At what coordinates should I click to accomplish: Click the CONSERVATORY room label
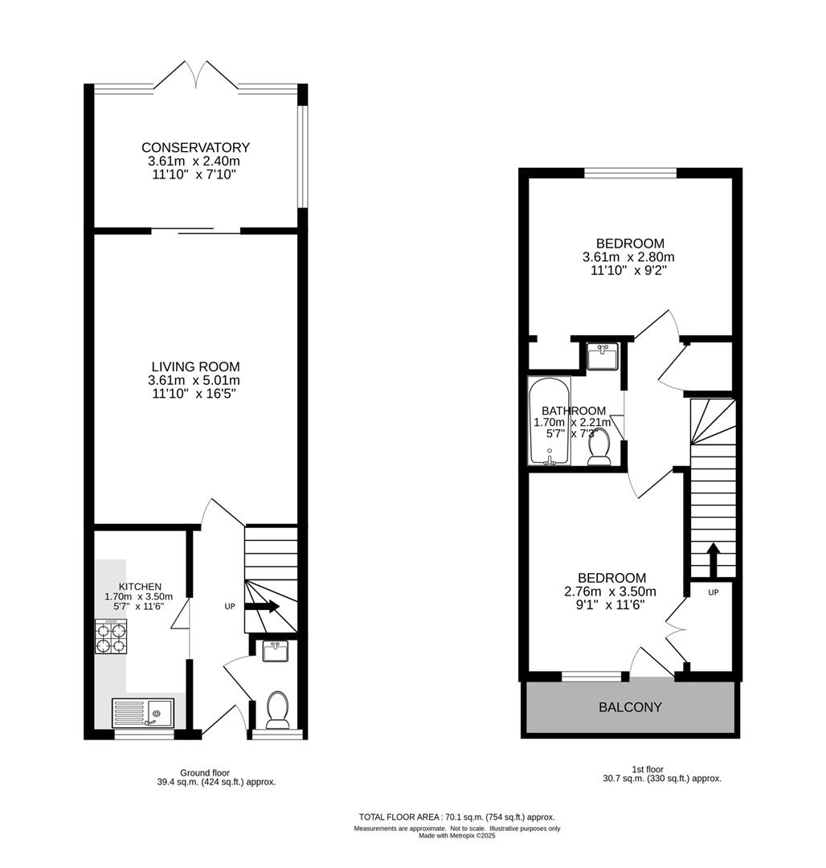coord(195,148)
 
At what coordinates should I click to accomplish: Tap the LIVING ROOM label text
coord(196,366)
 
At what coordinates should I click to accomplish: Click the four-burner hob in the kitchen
coord(111,637)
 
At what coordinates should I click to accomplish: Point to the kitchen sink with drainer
coord(143,713)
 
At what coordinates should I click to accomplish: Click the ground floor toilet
coord(277,710)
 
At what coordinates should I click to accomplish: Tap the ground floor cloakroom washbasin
coord(275,651)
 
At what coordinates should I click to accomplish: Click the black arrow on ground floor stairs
coord(262,607)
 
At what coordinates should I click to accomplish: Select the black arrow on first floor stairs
coord(714,560)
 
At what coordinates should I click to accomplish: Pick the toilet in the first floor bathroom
coord(599,448)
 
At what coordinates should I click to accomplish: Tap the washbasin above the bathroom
coord(603,356)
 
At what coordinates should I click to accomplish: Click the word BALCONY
coord(630,707)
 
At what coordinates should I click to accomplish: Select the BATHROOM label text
coord(573,411)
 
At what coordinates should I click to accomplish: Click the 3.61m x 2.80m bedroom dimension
coord(628,257)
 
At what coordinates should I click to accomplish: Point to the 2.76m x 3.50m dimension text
coord(610,592)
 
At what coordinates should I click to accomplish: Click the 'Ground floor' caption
coord(205,773)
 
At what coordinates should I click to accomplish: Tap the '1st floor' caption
coord(648,769)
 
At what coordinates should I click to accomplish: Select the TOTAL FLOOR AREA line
coord(457,817)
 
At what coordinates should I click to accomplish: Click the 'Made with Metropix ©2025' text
coord(457,836)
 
